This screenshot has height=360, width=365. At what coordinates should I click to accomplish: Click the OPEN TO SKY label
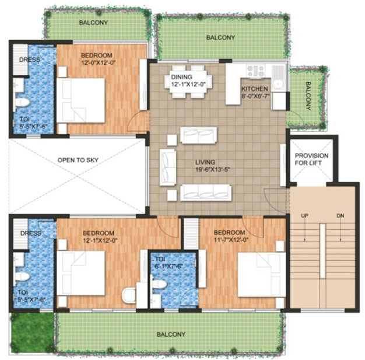click(x=76, y=159)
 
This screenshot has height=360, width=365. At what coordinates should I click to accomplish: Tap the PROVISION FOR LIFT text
click(x=311, y=160)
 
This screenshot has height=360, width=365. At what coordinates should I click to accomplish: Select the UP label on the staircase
click(x=304, y=216)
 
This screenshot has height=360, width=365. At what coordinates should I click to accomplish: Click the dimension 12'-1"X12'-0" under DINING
click(x=189, y=85)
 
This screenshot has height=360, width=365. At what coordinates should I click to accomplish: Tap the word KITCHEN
click(x=255, y=89)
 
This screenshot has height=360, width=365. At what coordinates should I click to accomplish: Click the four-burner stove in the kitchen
click(x=255, y=71)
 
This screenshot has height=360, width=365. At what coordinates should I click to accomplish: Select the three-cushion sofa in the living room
click(x=205, y=191)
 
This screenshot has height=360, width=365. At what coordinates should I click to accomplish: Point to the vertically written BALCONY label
click(x=307, y=96)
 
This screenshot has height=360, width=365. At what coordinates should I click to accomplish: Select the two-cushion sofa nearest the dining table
click(x=198, y=135)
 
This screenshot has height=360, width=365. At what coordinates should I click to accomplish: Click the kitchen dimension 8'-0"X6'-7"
click(x=255, y=97)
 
